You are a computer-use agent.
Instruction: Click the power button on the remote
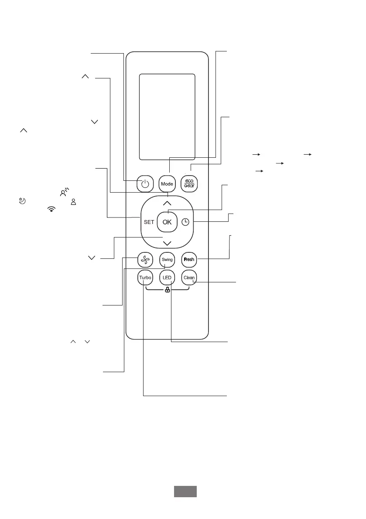click(145, 184)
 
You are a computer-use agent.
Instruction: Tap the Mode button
click(167, 184)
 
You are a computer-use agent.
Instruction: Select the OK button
click(167, 222)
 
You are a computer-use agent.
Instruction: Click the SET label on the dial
click(149, 222)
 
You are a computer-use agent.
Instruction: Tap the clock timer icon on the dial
click(185, 222)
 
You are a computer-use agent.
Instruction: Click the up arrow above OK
click(167, 203)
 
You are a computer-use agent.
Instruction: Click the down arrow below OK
click(167, 243)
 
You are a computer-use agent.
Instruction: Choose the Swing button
click(167, 260)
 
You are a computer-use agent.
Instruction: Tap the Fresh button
click(189, 260)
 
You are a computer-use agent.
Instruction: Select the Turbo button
click(145, 278)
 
